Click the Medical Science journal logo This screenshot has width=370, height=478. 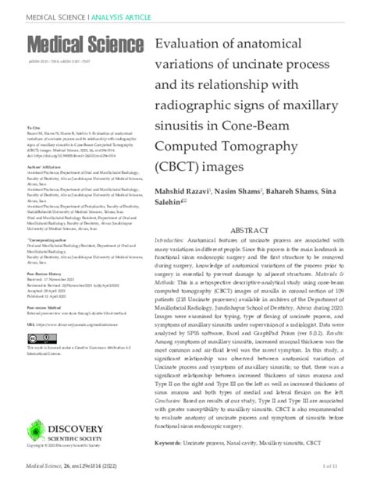pos(85,44)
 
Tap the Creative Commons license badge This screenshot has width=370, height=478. pos(36,381)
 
